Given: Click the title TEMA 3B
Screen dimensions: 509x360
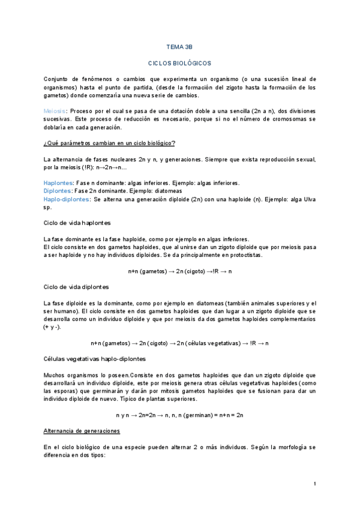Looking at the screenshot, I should (x=179, y=46).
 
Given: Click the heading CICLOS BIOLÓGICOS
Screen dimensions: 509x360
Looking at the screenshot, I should (x=179, y=62).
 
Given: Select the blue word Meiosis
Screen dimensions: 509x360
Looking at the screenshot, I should (x=55, y=112).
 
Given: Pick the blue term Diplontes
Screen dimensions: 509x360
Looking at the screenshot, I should (x=57, y=191).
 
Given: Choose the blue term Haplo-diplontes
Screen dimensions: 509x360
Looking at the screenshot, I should (x=66, y=199).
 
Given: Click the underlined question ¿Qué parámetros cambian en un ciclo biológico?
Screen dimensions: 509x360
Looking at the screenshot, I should (x=109, y=143).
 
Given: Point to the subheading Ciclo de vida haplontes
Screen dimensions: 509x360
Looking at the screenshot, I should (x=77, y=223).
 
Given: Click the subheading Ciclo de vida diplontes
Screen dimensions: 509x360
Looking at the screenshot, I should (x=76, y=286).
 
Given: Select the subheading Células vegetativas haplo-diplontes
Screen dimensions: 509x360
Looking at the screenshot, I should (x=94, y=358).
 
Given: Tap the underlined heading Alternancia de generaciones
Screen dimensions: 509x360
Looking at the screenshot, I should (x=82, y=431).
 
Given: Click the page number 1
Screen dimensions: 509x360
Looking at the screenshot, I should (x=314, y=483).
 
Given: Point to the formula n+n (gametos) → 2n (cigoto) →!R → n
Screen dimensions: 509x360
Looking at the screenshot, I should (x=179, y=271).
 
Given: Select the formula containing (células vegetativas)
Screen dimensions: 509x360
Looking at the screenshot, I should (x=179, y=343).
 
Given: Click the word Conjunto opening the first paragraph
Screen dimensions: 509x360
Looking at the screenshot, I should (x=57, y=79).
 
